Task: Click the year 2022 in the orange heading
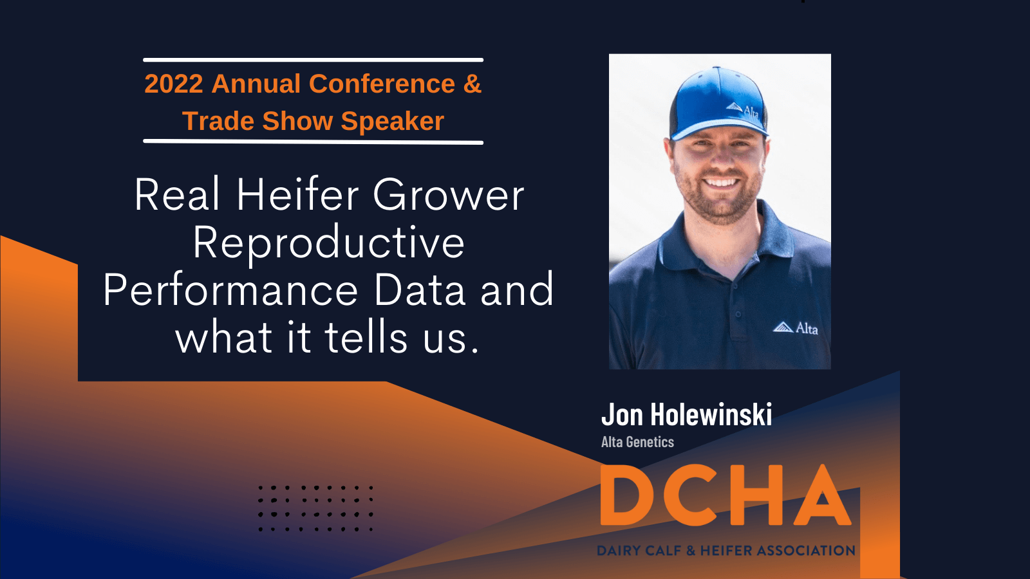(x=174, y=84)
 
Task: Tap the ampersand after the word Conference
(x=473, y=84)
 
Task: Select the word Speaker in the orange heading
(x=392, y=122)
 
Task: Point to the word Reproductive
(x=328, y=243)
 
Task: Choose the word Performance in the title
(x=230, y=290)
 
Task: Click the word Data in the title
(x=420, y=290)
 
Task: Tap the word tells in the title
(x=366, y=337)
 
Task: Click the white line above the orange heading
(x=313, y=60)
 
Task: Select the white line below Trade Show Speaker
(x=313, y=142)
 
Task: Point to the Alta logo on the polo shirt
(x=795, y=328)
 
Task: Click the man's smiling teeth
(x=721, y=182)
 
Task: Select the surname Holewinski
(x=711, y=414)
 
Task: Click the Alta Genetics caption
(x=637, y=442)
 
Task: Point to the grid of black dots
(x=315, y=508)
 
